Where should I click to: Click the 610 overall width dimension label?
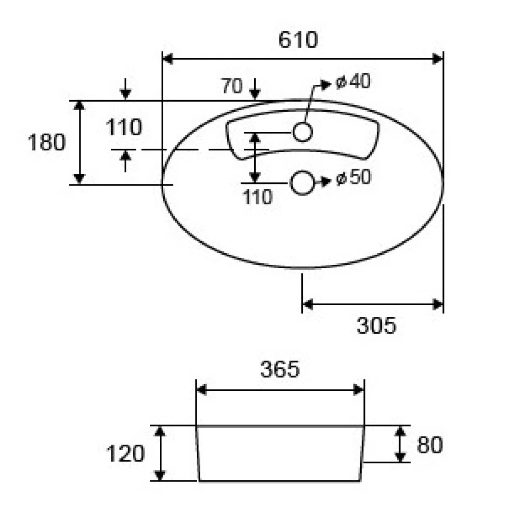point(298,40)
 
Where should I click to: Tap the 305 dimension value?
point(376,325)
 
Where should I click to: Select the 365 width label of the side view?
point(280,369)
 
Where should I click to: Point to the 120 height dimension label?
point(125,454)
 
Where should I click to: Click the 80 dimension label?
point(430,445)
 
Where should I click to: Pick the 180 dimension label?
point(46,143)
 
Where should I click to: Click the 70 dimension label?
point(232,86)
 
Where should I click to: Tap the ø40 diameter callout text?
point(353,81)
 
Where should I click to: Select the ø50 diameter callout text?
point(353,177)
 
